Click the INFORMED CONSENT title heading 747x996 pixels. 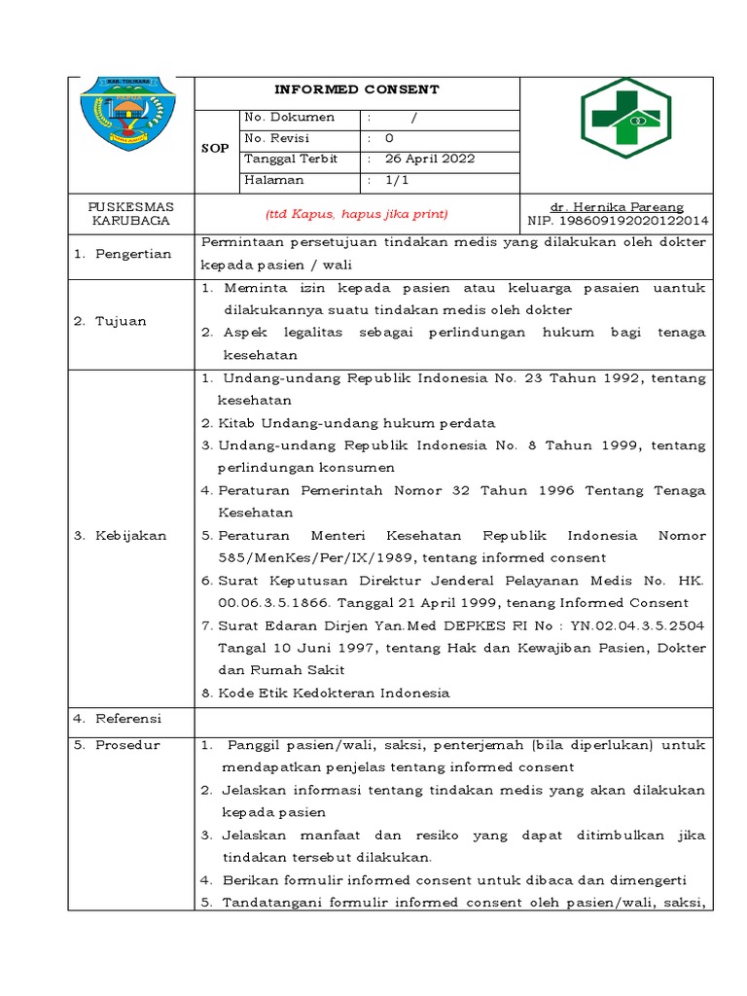pyautogui.click(x=356, y=89)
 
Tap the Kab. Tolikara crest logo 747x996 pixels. pyautogui.click(x=130, y=120)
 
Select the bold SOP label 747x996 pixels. pyautogui.click(x=215, y=149)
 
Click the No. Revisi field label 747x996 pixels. pyautogui.click(x=276, y=138)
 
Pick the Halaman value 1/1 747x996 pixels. pyautogui.click(x=396, y=180)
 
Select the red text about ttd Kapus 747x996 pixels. pyautogui.click(x=357, y=214)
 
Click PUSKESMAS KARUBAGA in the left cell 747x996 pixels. pyautogui.click(x=130, y=214)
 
